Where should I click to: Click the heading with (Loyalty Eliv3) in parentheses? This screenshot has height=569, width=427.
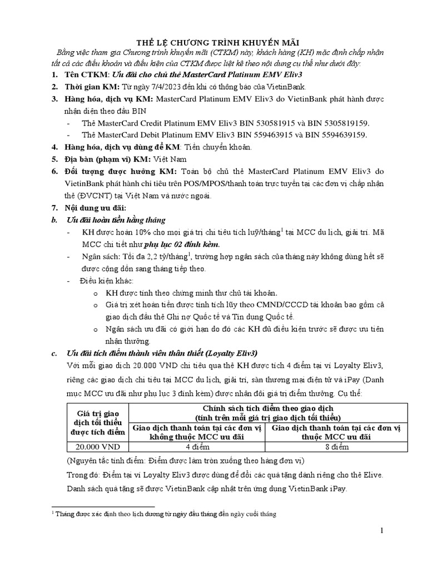[162, 353]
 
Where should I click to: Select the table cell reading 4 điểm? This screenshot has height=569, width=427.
[197, 446]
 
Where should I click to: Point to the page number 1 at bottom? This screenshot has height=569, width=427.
[382, 531]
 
